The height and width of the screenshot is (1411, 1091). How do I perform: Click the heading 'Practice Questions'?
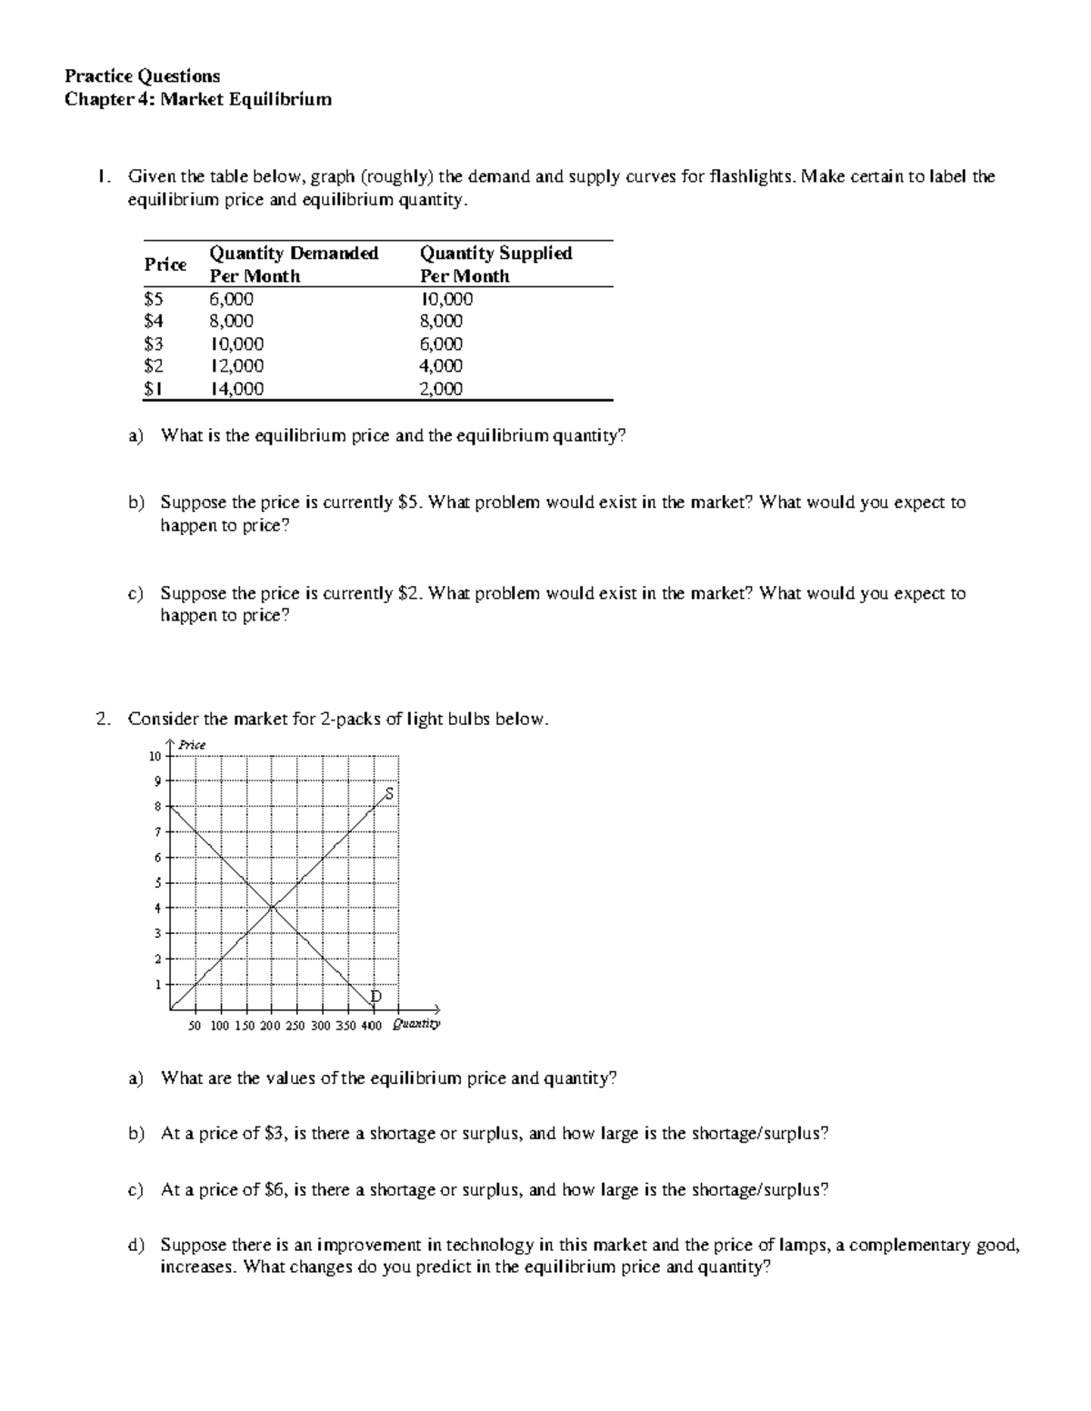[142, 75]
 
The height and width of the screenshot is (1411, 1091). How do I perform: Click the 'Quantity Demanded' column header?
[294, 253]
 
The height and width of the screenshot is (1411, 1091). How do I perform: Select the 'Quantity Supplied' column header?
[495, 253]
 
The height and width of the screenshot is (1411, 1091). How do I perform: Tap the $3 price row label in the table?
[154, 344]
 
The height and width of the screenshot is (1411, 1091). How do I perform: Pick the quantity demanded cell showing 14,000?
[236, 389]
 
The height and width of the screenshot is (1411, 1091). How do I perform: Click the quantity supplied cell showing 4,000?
[440, 366]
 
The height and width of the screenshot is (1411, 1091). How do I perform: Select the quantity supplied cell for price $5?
[445, 299]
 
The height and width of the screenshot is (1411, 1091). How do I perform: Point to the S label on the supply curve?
[389, 793]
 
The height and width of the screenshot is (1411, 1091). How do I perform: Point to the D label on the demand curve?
[375, 997]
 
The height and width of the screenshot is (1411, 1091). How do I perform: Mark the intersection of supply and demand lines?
[272, 906]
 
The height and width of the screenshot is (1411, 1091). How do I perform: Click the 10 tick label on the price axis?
[155, 756]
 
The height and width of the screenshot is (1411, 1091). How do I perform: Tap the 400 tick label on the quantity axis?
[371, 1026]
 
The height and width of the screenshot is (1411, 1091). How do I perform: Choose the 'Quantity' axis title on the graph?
[415, 1025]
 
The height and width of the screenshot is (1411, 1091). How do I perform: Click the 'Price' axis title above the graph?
[192, 745]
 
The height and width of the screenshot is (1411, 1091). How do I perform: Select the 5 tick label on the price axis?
[156, 882]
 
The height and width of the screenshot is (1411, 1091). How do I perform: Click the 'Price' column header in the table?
[165, 264]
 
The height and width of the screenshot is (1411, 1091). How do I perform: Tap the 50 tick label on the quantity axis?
[194, 1026]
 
